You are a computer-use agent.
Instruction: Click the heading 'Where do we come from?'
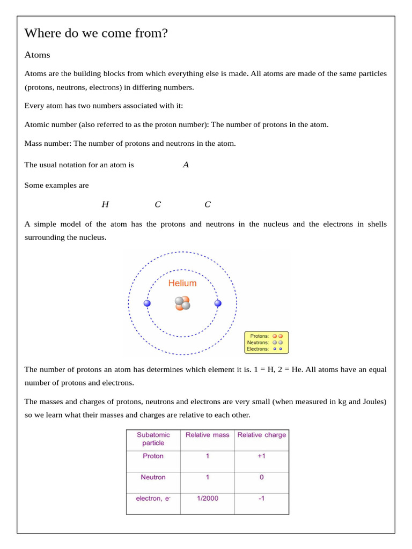pos(96,33)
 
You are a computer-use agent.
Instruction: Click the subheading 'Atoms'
pos(37,55)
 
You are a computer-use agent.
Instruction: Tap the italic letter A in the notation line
pos(186,165)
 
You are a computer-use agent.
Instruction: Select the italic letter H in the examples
pos(105,204)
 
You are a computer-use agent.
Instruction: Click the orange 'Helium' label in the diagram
pos(182,283)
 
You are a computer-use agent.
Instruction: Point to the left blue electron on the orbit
pos(147,303)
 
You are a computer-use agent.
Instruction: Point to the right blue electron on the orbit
pos(218,303)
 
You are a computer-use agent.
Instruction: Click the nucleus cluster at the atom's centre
pos(182,303)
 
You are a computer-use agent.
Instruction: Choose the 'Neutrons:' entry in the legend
pos(258,343)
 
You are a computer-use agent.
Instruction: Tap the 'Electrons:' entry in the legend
pos(258,349)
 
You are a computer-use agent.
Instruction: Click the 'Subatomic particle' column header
pos(153,439)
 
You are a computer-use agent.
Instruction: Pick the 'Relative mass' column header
pos(207,435)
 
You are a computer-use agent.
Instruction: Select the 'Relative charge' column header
pos(262,435)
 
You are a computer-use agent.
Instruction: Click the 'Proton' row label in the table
pos(153,456)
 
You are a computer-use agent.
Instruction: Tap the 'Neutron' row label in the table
pos(153,477)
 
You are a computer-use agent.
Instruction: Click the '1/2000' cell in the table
pos(207,499)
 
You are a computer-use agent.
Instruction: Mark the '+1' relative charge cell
pos(262,456)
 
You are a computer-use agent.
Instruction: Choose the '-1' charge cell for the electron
pos(262,499)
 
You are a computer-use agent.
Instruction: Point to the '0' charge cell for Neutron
pos(262,477)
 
